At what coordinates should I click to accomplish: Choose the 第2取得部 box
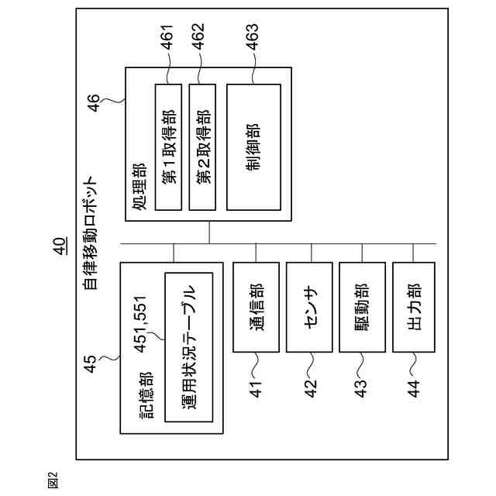[201, 146]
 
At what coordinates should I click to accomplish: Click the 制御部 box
[253, 146]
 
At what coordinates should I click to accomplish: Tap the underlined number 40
[60, 246]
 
